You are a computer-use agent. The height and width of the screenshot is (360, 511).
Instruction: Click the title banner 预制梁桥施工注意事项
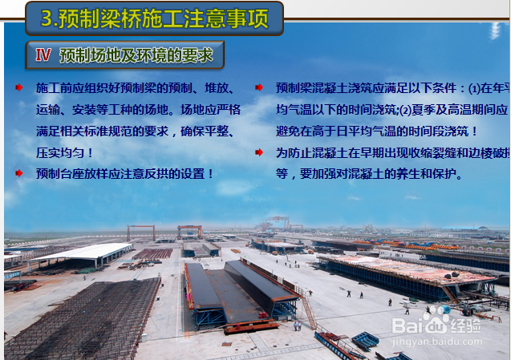pos(154,18)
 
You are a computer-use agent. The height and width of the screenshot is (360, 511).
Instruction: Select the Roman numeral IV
pos(43,55)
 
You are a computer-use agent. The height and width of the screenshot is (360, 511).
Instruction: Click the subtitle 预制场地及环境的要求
pos(136,55)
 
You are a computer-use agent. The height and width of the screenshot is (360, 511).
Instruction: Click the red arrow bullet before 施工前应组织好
pos(19,87)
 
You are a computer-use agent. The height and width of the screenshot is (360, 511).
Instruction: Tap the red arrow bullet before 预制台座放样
pos(19,172)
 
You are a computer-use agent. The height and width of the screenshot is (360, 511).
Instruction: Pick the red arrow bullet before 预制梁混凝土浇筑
pos(259,87)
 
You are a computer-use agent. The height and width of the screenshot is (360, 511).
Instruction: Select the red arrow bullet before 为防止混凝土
pos(259,151)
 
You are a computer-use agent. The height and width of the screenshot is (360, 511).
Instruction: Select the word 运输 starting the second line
pos(47,108)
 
